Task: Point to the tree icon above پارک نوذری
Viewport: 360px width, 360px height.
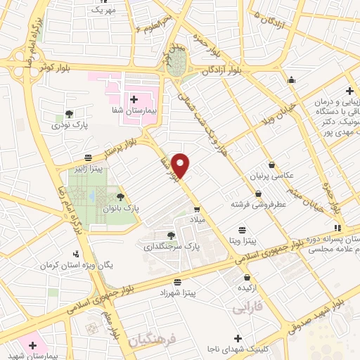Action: (x=69, y=113)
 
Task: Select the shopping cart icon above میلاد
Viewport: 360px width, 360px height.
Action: (x=198, y=208)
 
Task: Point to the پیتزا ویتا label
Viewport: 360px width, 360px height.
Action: (x=241, y=240)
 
